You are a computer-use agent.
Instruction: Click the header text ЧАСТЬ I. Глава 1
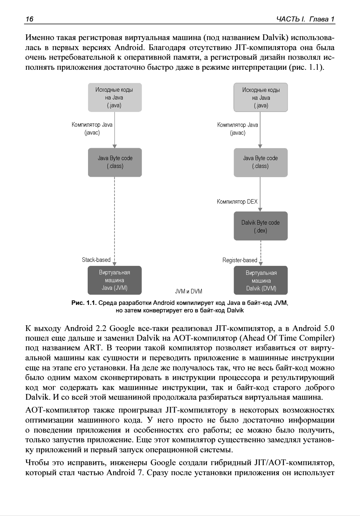click(x=305, y=19)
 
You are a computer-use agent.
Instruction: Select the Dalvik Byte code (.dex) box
click(x=261, y=226)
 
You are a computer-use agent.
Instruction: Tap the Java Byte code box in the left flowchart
click(x=115, y=162)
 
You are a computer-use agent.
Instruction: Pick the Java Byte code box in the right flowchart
click(x=261, y=162)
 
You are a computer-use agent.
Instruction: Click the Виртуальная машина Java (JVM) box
click(x=115, y=280)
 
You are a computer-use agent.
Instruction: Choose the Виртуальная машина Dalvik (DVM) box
click(x=261, y=281)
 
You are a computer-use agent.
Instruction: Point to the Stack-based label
click(x=96, y=260)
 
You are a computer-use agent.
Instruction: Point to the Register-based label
click(x=240, y=261)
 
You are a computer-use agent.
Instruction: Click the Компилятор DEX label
click(x=237, y=202)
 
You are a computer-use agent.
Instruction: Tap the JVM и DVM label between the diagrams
click(x=189, y=291)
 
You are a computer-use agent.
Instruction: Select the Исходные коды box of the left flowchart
click(x=115, y=97)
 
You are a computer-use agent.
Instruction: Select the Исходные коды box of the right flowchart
click(x=261, y=97)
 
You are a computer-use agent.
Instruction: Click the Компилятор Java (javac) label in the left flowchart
click(x=92, y=129)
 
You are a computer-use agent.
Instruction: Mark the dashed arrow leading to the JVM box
click(x=115, y=222)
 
